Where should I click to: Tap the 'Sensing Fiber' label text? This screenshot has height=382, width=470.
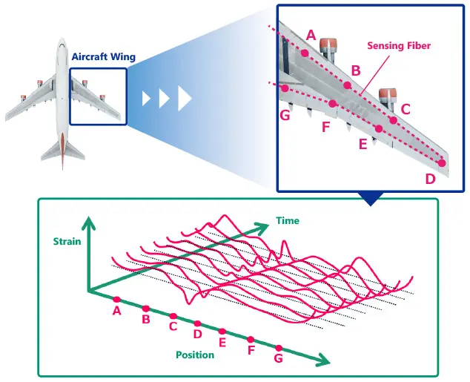pyautogui.click(x=399, y=46)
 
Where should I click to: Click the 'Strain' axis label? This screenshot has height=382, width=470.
pyautogui.click(x=66, y=240)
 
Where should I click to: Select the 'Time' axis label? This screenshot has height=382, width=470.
pyautogui.click(x=287, y=220)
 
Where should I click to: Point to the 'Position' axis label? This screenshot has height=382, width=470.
pyautogui.click(x=195, y=355)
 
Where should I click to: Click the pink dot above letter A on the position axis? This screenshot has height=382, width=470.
pyautogui.click(x=117, y=300)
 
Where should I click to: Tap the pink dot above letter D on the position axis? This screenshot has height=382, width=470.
pyautogui.click(x=198, y=323)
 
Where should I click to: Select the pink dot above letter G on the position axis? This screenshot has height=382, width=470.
pyautogui.click(x=279, y=348)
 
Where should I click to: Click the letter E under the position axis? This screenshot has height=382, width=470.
pyautogui.click(x=222, y=343)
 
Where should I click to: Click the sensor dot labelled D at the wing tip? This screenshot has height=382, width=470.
pyautogui.click(x=442, y=163)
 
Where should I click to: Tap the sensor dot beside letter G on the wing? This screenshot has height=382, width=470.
pyautogui.click(x=285, y=88)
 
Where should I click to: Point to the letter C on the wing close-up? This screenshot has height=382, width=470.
pyautogui.click(x=405, y=109)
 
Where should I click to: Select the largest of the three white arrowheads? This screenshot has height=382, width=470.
pyautogui.click(x=185, y=98)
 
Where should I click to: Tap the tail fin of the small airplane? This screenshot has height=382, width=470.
pyautogui.click(x=62, y=148)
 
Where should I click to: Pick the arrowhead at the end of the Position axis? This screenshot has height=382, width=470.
pyautogui.click(x=324, y=363)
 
